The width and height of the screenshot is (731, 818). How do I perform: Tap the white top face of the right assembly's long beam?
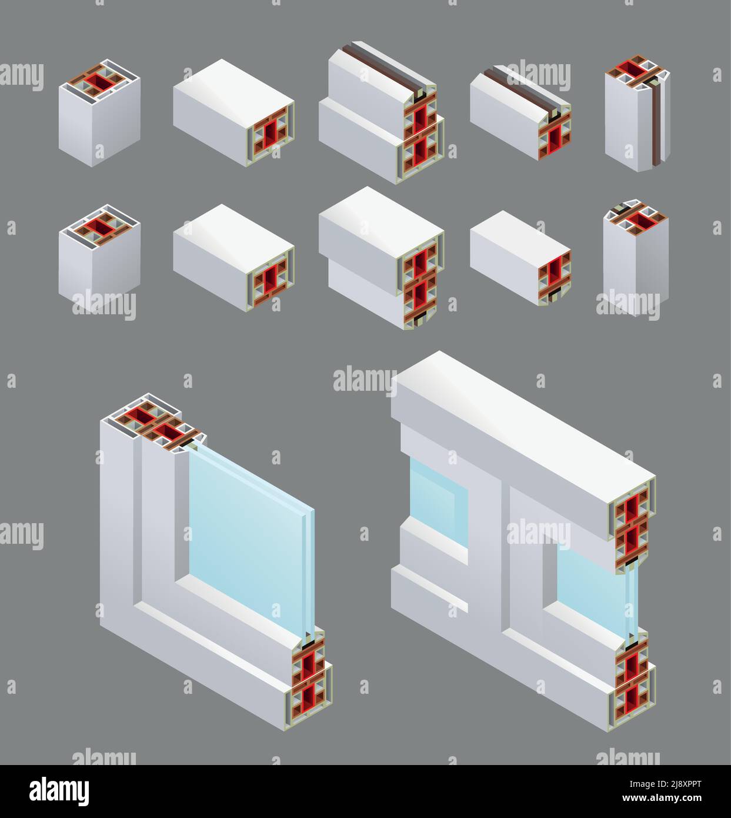pos(523,418)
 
